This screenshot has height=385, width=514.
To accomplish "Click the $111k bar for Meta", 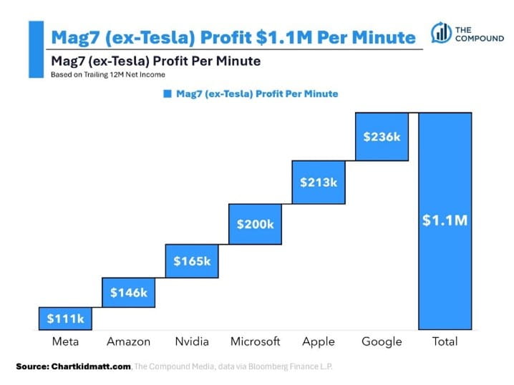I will point(65,317).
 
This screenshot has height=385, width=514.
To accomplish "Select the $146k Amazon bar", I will point(128,292).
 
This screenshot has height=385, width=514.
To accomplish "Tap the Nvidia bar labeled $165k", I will point(192,260).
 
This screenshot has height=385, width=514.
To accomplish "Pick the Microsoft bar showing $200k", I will point(255,224).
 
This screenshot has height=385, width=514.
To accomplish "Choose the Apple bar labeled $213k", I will point(319,182).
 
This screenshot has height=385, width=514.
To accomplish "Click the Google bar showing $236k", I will point(382,136).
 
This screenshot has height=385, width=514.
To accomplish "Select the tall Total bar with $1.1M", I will point(445,220).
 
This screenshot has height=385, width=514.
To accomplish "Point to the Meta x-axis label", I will point(65,341).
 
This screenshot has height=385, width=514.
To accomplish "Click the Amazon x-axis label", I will point(128,341).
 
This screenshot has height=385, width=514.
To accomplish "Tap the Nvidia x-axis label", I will point(192,341).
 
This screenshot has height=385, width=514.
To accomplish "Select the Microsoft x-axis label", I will point(255,341).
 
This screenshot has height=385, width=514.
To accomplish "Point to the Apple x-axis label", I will point(319,341).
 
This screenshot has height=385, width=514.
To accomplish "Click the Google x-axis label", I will point(382,341).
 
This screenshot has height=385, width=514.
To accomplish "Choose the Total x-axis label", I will point(445,341).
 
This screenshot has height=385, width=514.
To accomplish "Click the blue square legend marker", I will point(167,94).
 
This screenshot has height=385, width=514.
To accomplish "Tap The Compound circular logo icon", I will point(440,34).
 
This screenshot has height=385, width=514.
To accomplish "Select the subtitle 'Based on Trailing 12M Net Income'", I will point(102,74).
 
